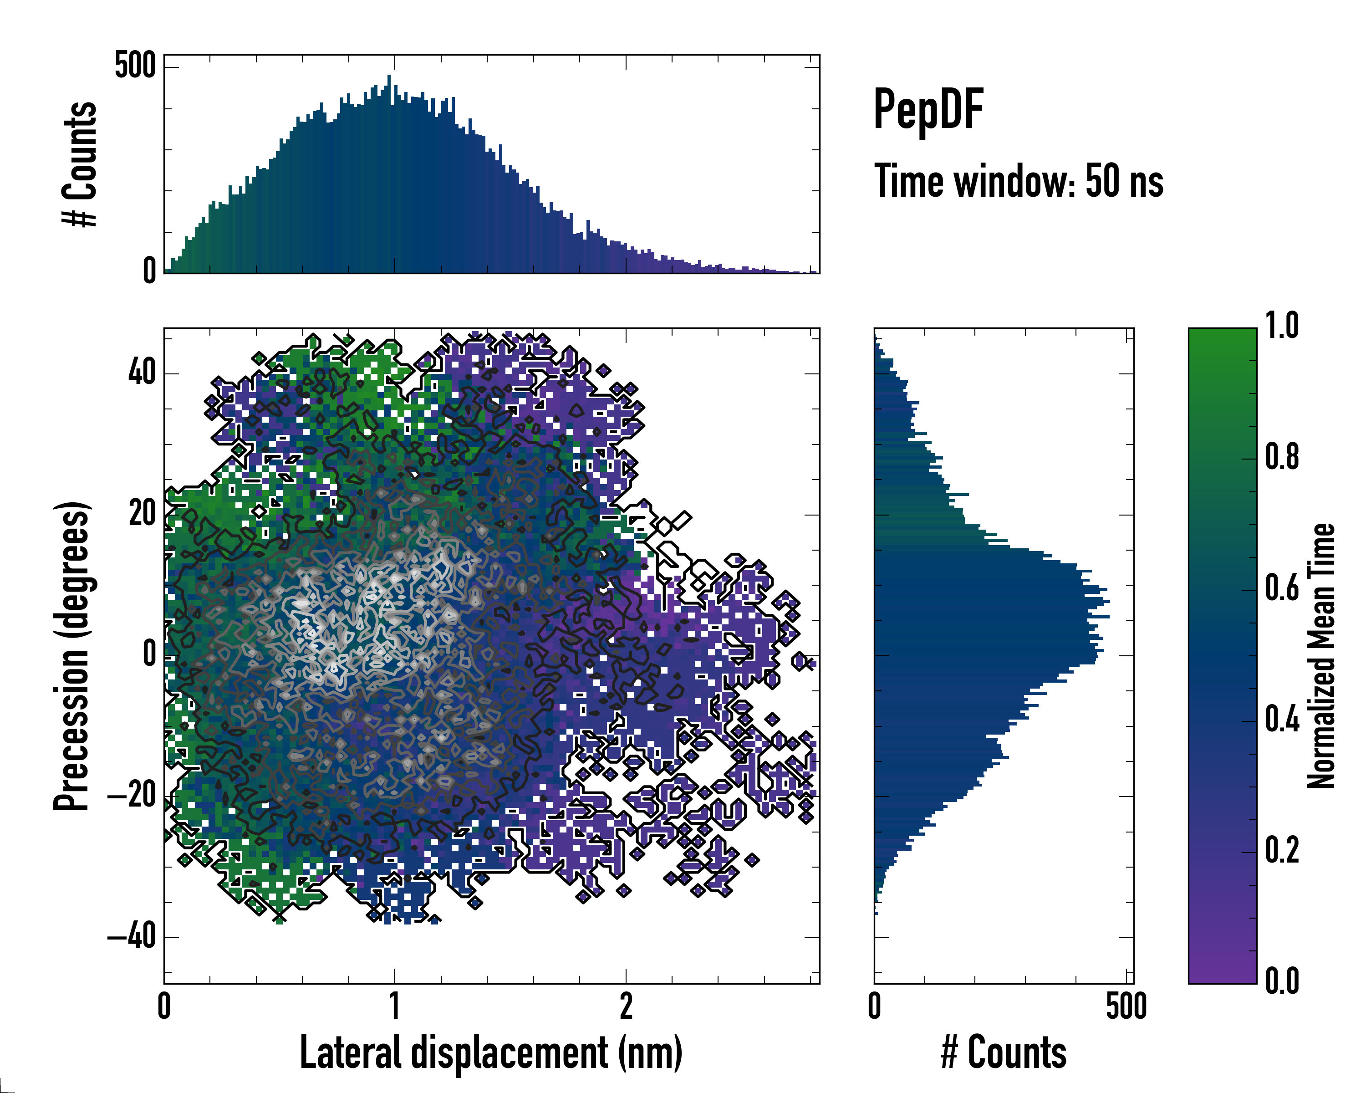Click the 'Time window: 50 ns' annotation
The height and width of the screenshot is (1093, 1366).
tap(1018, 181)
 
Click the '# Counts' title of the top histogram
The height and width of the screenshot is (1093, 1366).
tap(80, 163)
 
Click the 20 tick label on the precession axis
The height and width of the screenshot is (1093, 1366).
tap(142, 513)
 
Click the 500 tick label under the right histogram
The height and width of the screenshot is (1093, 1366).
tap(1126, 1006)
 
